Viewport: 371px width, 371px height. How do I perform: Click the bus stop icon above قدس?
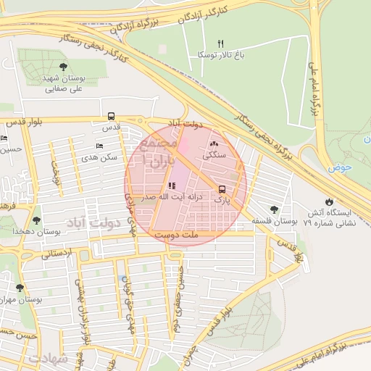click(x=111, y=116)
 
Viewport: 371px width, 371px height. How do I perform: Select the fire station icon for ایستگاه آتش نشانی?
click(x=330, y=201)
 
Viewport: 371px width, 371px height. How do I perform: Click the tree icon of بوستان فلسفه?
click(x=273, y=209)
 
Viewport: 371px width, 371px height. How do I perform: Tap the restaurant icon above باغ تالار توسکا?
click(x=221, y=44)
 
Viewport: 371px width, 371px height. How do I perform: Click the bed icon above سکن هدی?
click(x=99, y=146)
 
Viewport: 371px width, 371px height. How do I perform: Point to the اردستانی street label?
click(x=56, y=254)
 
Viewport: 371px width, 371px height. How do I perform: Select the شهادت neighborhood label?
click(x=48, y=359)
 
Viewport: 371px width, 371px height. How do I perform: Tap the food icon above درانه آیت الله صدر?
click(x=171, y=185)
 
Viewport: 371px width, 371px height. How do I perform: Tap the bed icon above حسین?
click(x=4, y=138)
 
